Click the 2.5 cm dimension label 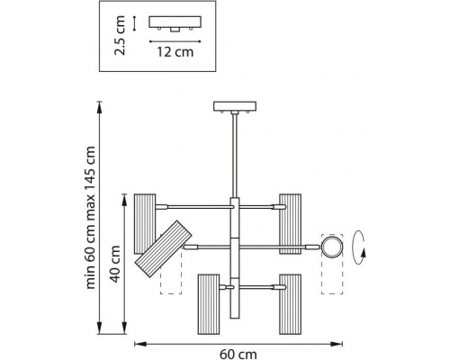coord(120,35)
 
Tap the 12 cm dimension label coord(175,52)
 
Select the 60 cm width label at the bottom coord(238,355)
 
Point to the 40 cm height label coord(115,264)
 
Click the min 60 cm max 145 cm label coord(90,218)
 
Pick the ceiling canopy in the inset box coord(175,23)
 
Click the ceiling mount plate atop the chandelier coord(235,107)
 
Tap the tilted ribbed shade coord(164,249)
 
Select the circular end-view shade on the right coord(332,246)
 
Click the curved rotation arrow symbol coord(358,247)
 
